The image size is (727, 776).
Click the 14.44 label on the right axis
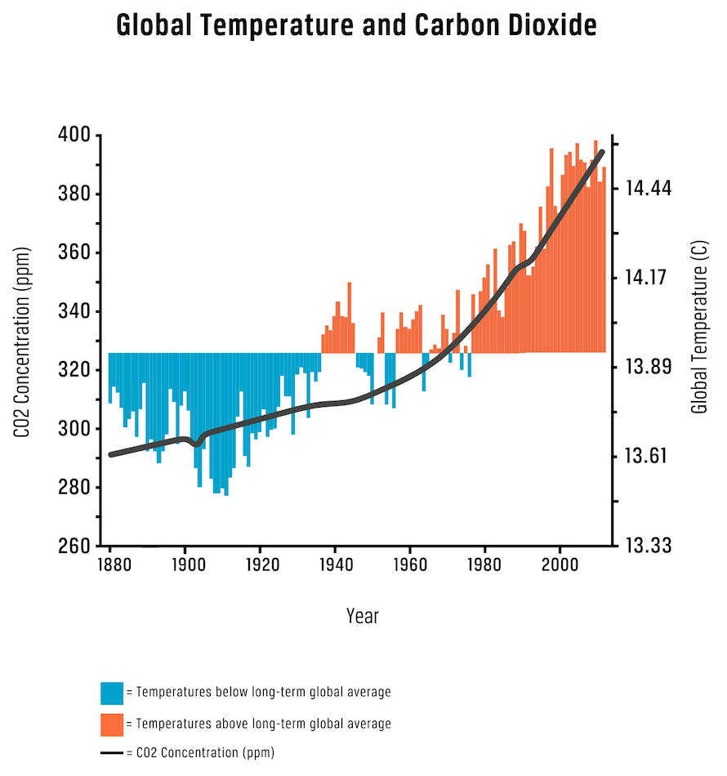[x=648, y=189]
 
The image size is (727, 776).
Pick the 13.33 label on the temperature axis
[x=648, y=546]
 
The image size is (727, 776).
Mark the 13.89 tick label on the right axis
[x=648, y=367]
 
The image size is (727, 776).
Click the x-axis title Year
[x=362, y=616]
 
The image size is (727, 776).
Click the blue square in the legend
[x=112, y=693]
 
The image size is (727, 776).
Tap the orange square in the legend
[x=112, y=724]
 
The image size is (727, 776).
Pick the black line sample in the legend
[x=112, y=753]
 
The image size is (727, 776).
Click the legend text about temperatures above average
[x=263, y=724]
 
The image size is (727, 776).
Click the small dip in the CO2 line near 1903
[x=196, y=444]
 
